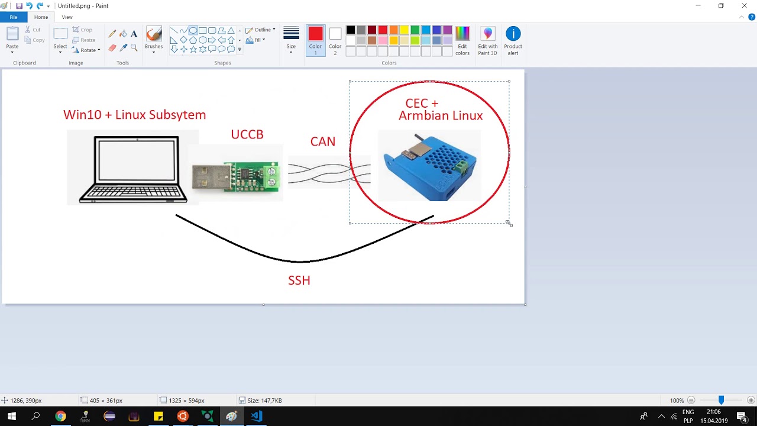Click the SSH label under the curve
click(x=299, y=280)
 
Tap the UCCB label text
click(x=247, y=134)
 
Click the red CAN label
click(x=322, y=141)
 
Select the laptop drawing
click(x=133, y=170)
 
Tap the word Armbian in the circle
click(x=424, y=115)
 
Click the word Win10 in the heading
click(x=82, y=115)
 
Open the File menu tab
click(x=13, y=17)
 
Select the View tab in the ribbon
click(x=67, y=17)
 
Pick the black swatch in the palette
click(x=351, y=30)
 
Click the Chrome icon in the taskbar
click(x=60, y=417)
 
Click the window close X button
click(x=744, y=6)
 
